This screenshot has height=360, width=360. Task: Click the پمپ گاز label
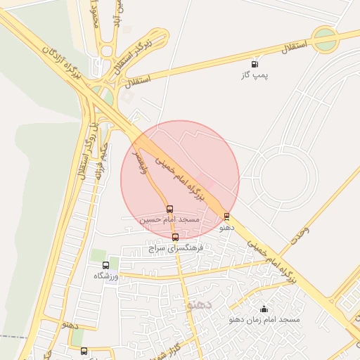pyautogui.click(x=256, y=75)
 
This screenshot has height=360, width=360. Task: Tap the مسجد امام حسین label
pyautogui.click(x=169, y=219)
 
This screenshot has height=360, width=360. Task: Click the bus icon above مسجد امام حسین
pyautogui.click(x=169, y=209)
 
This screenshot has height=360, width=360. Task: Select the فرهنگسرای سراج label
pyautogui.click(x=176, y=248)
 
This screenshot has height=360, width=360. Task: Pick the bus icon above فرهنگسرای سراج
pyautogui.click(x=176, y=237)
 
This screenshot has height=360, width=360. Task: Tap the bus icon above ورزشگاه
pyautogui.click(x=106, y=265)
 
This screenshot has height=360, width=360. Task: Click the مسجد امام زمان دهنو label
pyautogui.click(x=264, y=319)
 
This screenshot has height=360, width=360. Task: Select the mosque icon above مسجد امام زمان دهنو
pyautogui.click(x=264, y=309)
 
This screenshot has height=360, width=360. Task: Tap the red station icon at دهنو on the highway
pyautogui.click(x=226, y=217)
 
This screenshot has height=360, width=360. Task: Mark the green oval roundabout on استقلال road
pyautogui.click(x=326, y=39)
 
